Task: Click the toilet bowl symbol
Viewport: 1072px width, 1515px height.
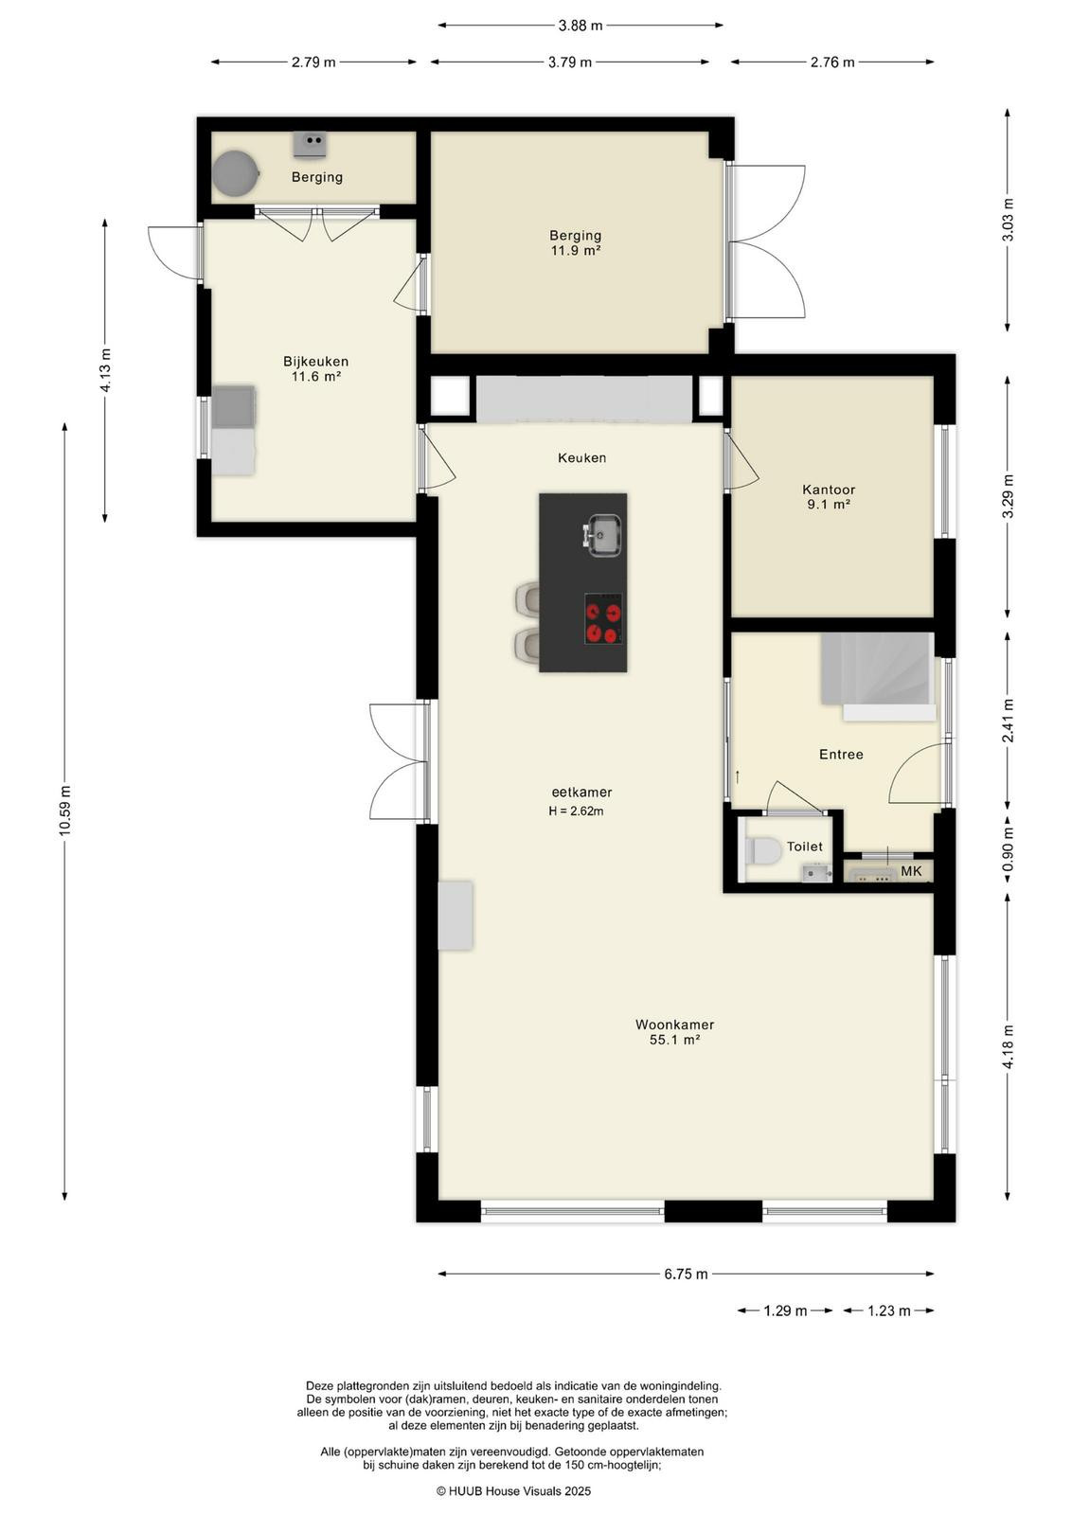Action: click(x=764, y=851)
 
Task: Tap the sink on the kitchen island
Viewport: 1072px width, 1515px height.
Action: click(x=601, y=535)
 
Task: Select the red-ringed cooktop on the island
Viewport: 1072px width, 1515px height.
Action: click(x=603, y=618)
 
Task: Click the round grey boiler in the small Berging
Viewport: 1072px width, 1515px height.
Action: click(x=236, y=173)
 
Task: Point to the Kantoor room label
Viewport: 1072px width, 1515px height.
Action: click(x=829, y=496)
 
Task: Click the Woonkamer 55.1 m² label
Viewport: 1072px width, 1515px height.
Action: click(x=674, y=1031)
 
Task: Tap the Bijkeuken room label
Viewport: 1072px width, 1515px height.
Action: click(x=315, y=368)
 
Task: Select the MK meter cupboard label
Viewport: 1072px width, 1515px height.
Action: click(x=911, y=871)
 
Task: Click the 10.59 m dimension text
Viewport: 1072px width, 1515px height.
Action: click(x=65, y=811)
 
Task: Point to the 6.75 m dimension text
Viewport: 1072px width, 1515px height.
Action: click(x=686, y=1274)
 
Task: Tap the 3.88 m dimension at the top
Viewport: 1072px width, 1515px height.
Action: click(x=581, y=26)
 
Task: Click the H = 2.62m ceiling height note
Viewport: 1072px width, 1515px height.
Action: click(x=576, y=811)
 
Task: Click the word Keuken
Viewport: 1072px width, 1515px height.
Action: click(x=581, y=458)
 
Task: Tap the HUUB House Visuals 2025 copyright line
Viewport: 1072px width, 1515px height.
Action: click(x=513, y=1490)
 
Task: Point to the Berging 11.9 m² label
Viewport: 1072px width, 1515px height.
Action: click(x=576, y=242)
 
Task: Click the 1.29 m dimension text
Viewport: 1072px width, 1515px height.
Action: click(x=785, y=1310)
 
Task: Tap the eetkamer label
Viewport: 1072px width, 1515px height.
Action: click(x=581, y=792)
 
